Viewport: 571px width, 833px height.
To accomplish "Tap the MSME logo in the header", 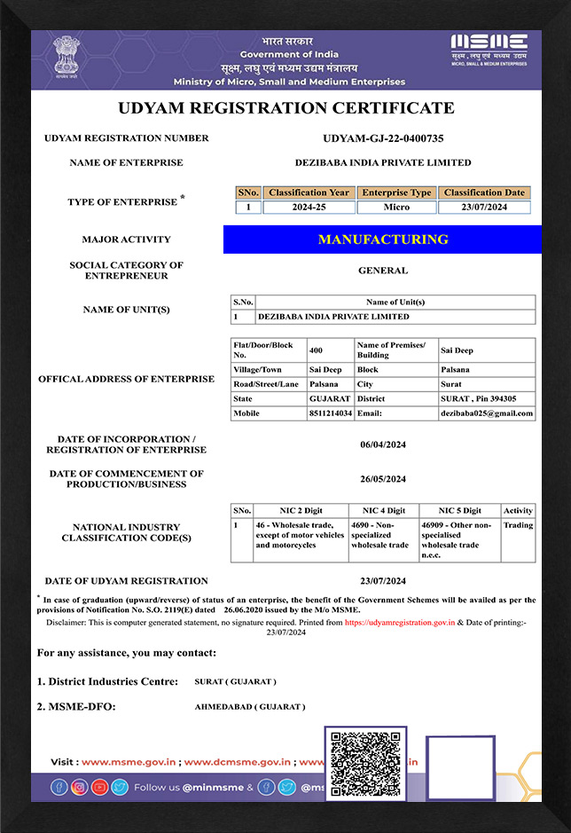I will click(489, 51).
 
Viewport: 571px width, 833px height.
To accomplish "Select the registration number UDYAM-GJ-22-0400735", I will click(383, 138).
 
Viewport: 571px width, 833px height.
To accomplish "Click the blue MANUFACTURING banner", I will click(382, 240).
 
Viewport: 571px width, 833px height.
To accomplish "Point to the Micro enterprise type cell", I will click(396, 207).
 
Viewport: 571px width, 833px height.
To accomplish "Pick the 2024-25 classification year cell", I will click(309, 207).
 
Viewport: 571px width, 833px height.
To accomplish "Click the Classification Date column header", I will click(484, 193).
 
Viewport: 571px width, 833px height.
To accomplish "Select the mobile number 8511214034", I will click(330, 413).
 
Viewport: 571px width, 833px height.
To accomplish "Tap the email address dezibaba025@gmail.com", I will click(487, 413).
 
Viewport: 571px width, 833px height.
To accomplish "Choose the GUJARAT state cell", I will click(327, 398).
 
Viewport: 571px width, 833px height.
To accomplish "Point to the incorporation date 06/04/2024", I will click(383, 444).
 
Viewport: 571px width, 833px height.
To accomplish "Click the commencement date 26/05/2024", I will click(383, 479).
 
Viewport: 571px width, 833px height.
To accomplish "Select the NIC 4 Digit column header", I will click(383, 511).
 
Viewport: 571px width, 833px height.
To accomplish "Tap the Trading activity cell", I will click(518, 525).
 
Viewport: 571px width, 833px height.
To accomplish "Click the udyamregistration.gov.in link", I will click(400, 623).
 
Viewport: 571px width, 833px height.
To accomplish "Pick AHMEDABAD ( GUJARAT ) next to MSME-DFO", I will click(250, 707).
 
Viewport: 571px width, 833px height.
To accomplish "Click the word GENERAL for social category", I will click(383, 271).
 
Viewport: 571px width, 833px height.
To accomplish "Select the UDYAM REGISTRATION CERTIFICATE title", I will click(285, 108).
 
